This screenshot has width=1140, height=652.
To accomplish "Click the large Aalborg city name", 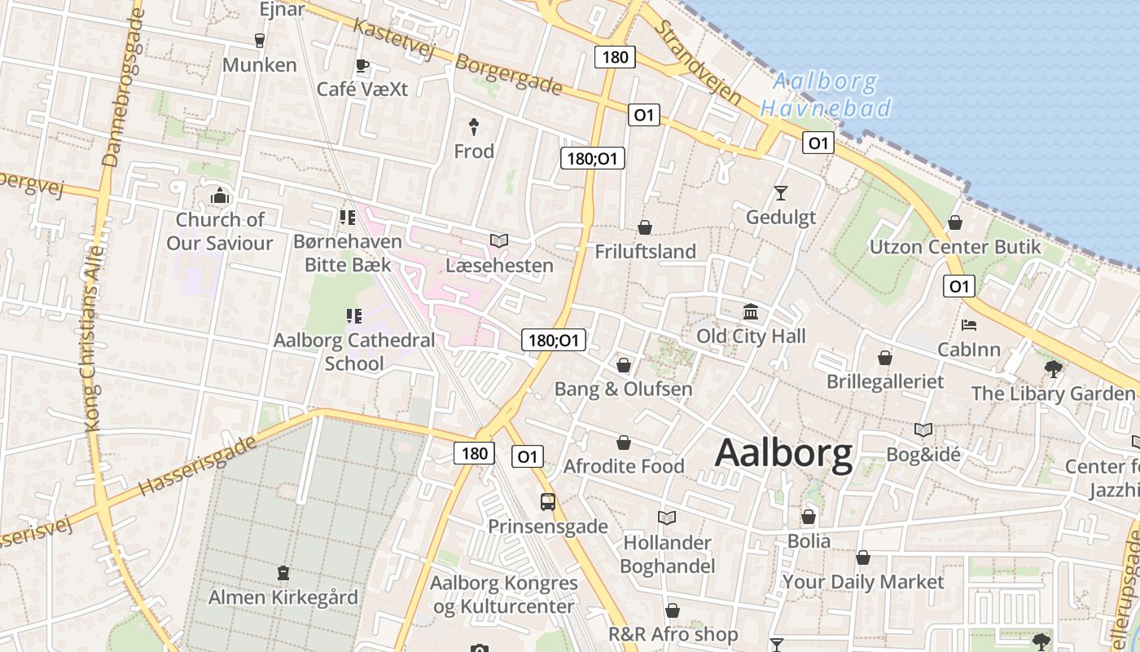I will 783,453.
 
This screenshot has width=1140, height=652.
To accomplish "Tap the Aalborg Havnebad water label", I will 826,95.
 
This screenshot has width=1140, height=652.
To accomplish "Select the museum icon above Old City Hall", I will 751,312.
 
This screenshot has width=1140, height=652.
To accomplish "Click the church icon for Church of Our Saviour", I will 220,196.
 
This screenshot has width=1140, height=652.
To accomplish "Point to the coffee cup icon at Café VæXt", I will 362,66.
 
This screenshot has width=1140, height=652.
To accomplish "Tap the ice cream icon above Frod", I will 474,126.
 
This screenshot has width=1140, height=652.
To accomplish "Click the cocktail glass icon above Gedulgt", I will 781,193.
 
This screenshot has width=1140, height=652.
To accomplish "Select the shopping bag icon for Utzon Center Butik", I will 955,222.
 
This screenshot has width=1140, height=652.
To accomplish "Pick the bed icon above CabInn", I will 969,325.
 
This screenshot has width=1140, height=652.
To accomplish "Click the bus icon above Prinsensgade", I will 548,502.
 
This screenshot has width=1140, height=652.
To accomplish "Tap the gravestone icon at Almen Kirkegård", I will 283,573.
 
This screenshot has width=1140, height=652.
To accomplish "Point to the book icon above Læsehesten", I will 499,241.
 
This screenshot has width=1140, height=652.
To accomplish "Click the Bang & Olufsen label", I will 623,389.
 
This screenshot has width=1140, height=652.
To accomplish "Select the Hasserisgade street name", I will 198,467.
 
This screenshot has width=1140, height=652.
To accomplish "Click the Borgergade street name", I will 509,74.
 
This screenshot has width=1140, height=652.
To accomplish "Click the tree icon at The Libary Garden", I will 1054,369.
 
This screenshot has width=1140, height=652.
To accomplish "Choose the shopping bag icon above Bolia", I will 809,517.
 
